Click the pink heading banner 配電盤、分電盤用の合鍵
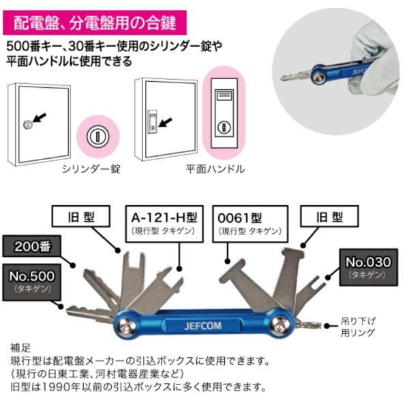coord(95,22)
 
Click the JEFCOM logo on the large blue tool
coord(199,325)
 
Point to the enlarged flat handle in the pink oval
coord(225,110)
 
